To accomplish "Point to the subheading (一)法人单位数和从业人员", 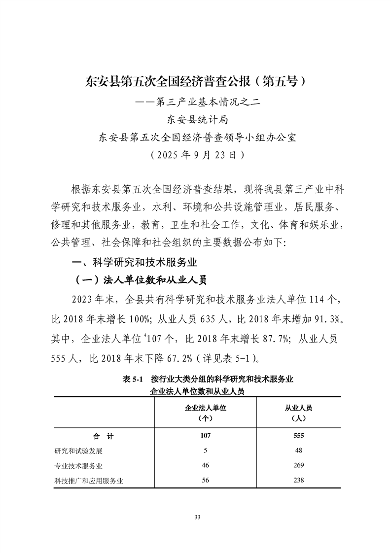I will click(x=140, y=280).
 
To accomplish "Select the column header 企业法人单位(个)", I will click(x=205, y=413).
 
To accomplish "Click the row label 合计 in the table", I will click(x=104, y=436).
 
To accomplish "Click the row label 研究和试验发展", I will click(x=78, y=451).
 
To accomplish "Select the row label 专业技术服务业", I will click(x=78, y=466).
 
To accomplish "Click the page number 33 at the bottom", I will click(x=196, y=517).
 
